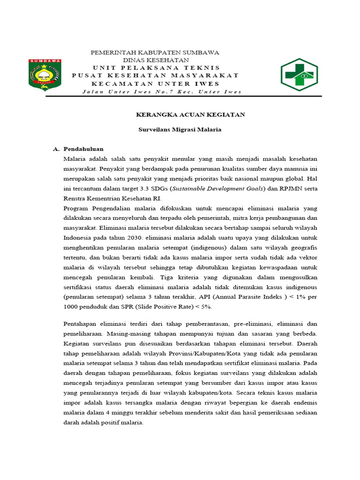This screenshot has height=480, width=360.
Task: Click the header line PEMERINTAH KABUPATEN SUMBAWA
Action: coord(155,52)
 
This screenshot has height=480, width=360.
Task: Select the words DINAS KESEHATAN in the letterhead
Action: coord(156,60)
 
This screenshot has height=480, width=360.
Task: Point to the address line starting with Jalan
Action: coord(162,91)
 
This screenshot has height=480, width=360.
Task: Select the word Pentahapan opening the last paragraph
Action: coord(80,323)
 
